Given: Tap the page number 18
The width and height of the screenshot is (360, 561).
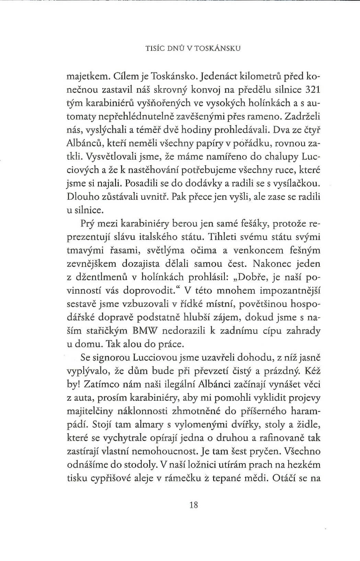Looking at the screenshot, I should coord(194,505).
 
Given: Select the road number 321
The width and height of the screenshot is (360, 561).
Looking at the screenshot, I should coord(313,90).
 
